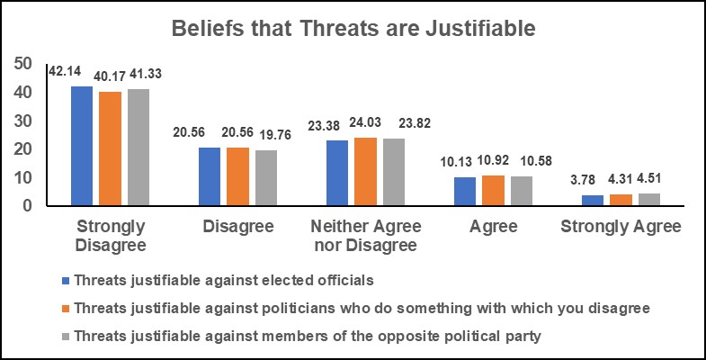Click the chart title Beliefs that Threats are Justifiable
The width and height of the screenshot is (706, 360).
click(353, 29)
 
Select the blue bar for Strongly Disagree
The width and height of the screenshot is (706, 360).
click(82, 146)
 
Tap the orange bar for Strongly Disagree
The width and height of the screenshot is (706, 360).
click(110, 148)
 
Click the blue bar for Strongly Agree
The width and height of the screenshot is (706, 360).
click(593, 201)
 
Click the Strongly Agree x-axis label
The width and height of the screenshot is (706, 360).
click(621, 227)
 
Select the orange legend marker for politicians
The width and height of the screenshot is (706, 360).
click(65, 308)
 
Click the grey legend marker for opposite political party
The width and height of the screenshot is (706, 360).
click(65, 337)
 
